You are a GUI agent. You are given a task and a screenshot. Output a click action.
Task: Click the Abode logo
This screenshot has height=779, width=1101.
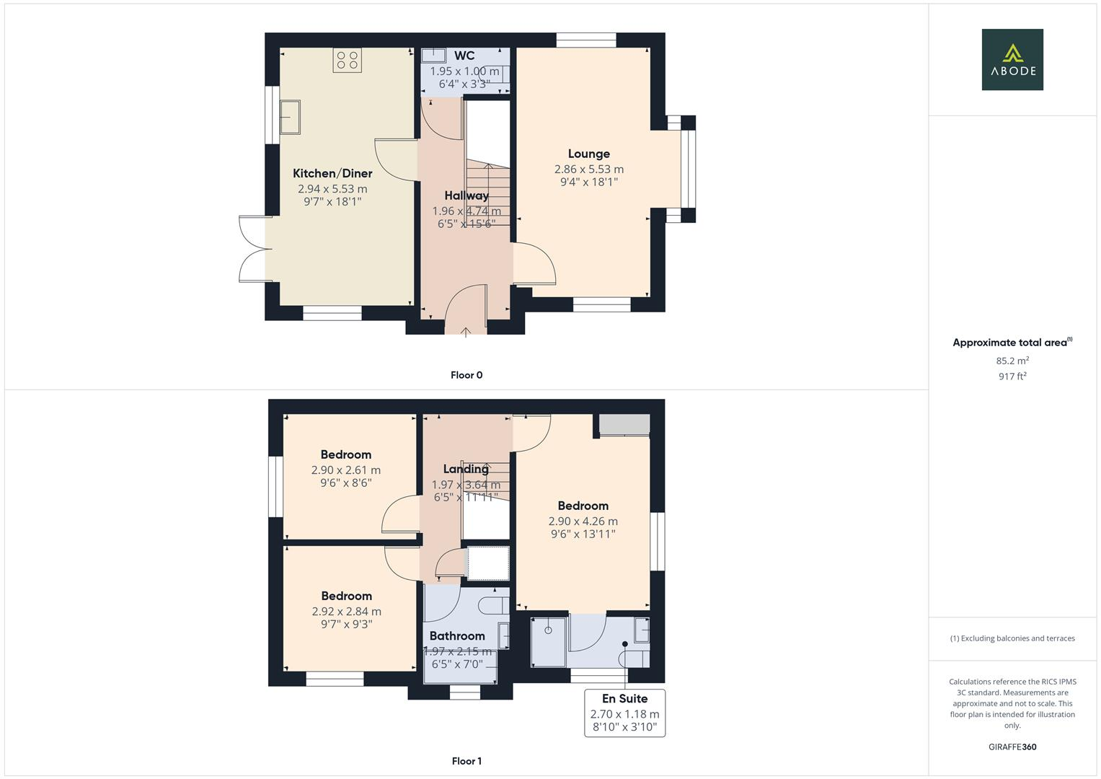point(1012,59)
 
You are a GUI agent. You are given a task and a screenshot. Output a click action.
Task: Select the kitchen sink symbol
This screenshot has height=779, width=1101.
point(290,118)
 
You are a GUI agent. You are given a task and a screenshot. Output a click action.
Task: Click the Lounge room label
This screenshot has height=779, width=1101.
point(588,154)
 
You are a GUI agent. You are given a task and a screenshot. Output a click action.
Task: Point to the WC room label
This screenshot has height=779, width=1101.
point(464,56)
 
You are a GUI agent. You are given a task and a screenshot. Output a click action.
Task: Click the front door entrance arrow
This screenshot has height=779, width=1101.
point(466,331)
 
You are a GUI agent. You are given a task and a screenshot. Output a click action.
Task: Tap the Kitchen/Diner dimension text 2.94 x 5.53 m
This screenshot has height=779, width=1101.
point(332,189)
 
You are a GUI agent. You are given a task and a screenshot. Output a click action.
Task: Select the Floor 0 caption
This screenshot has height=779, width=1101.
point(466,375)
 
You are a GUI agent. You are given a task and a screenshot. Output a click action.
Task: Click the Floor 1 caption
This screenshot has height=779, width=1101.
point(466,761)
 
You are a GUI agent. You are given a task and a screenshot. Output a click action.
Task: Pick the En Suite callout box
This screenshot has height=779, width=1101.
point(624,713)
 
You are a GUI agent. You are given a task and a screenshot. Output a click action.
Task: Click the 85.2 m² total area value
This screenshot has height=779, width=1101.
point(1012,361)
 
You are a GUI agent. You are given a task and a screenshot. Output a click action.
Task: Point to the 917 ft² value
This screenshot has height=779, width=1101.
point(1012,377)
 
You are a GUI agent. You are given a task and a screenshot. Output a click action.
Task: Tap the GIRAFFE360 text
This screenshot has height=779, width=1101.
point(1012,747)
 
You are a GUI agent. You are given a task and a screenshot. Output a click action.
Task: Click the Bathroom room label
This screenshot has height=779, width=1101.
point(457,635)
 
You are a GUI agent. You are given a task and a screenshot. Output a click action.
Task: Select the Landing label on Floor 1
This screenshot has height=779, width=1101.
point(466,469)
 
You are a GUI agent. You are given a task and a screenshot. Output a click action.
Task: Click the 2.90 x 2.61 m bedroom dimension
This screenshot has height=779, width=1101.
point(346,470)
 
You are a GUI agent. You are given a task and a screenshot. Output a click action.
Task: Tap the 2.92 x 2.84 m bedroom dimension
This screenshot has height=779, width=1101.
point(346,611)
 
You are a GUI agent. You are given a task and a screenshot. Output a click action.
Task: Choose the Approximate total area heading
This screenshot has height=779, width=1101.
point(1010,343)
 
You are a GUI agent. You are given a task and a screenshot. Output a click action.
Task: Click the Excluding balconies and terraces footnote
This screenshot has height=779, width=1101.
point(1012,638)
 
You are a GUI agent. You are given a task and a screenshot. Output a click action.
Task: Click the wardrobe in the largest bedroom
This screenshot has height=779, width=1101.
point(624,425)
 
